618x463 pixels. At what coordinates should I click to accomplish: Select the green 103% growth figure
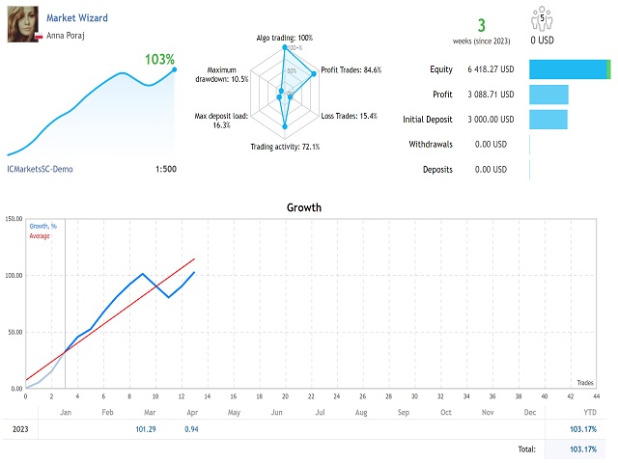159,60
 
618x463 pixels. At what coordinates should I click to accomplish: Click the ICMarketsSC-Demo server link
40,169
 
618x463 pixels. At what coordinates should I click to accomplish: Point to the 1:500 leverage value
165,169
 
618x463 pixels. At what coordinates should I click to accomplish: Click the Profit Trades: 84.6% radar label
351,69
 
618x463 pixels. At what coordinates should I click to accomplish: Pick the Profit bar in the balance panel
548,95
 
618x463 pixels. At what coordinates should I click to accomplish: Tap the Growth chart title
304,207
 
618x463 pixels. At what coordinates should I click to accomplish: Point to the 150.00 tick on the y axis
14,219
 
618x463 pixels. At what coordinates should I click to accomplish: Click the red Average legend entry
40,235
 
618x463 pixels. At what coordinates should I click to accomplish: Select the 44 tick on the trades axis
597,395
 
